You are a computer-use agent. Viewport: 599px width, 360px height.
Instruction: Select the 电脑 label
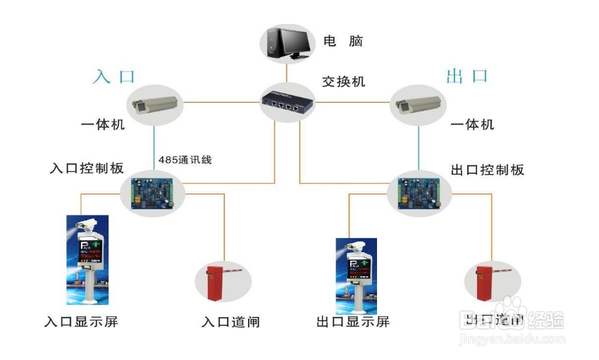(x=343, y=41)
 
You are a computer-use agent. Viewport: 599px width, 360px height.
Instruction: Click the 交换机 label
(x=344, y=81)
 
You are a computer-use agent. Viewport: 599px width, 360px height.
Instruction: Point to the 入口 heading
(x=113, y=76)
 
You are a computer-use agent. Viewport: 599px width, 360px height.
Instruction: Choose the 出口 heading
(x=467, y=75)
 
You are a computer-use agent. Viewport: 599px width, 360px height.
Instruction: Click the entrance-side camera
(x=155, y=104)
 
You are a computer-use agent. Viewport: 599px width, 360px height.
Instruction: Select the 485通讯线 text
(x=185, y=160)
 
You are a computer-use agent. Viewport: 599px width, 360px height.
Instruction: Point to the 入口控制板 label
(x=87, y=168)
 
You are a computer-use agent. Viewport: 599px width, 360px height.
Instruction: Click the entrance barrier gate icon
(x=223, y=283)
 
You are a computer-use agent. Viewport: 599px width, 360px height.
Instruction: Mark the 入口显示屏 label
(x=81, y=322)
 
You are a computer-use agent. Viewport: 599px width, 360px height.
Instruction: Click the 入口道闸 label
(x=230, y=322)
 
